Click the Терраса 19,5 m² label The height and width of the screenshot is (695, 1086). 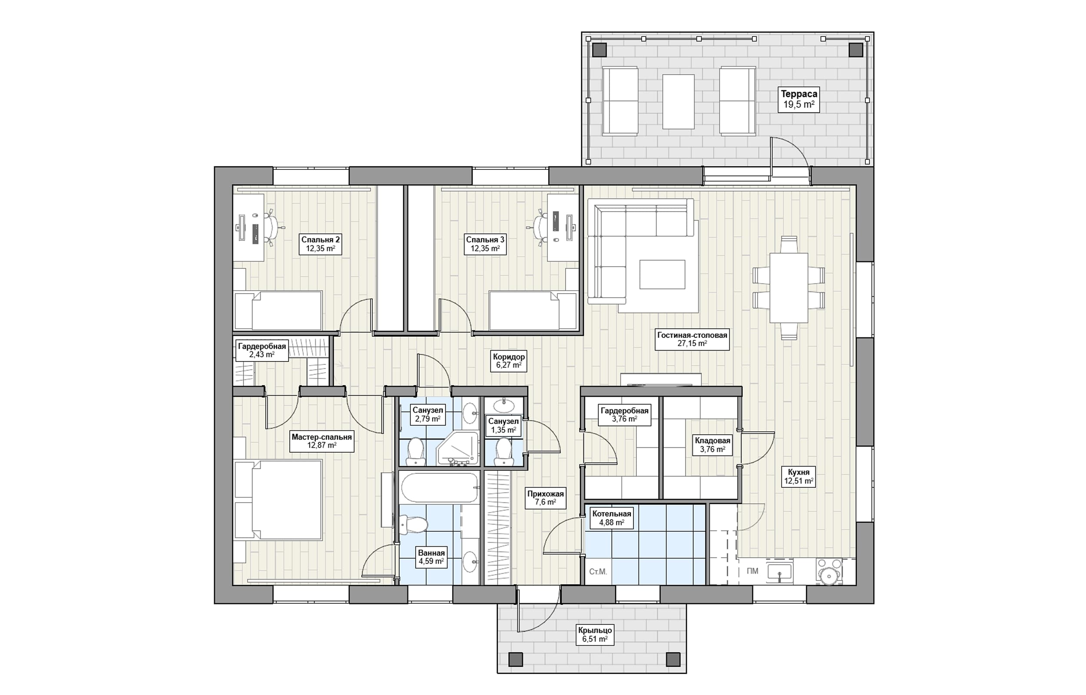799,100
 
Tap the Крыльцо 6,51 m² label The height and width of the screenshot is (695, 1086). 595,634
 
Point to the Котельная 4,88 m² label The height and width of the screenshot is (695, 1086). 611,518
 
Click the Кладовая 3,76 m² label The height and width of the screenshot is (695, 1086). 712,445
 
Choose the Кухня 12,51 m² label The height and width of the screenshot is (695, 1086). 798,477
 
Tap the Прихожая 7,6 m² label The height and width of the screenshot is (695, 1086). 546,498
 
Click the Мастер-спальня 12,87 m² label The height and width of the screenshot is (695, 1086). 322,441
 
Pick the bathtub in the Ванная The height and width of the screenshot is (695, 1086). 439,487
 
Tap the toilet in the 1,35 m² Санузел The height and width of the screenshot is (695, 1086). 503,451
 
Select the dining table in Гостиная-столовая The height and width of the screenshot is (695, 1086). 789,288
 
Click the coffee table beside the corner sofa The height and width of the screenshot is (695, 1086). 662,275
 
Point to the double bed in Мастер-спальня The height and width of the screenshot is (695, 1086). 278,500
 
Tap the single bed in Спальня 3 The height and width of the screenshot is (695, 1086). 533,311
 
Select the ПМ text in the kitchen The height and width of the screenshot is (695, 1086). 752,571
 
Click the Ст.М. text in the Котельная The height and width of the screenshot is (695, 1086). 598,572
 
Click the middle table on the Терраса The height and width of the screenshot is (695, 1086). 678,102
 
